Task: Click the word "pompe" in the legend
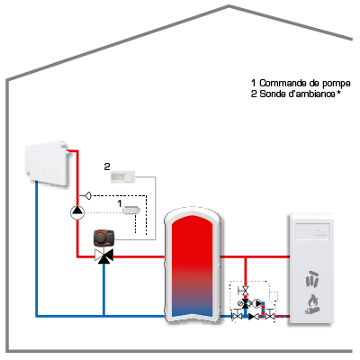pyautogui.click(x=336, y=83)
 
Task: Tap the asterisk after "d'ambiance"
pyautogui.click(x=338, y=92)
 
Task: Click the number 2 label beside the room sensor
pyautogui.click(x=107, y=166)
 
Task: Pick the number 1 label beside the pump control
pyautogui.click(x=120, y=203)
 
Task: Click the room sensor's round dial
pyautogui.click(x=130, y=177)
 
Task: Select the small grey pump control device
pyautogui.click(x=131, y=210)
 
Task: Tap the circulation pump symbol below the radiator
pyautogui.click(x=77, y=212)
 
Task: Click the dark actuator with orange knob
pyautogui.click(x=104, y=238)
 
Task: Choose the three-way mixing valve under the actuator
pyautogui.click(x=103, y=256)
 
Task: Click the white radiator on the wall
pyautogui.click(x=48, y=163)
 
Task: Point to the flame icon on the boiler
pyautogui.click(x=312, y=304)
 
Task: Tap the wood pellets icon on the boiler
pyautogui.click(x=312, y=279)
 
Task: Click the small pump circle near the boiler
pyautogui.click(x=256, y=303)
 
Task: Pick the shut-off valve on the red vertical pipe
pyautogui.click(x=245, y=291)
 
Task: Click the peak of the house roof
pyautogui.click(x=229, y=5)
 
